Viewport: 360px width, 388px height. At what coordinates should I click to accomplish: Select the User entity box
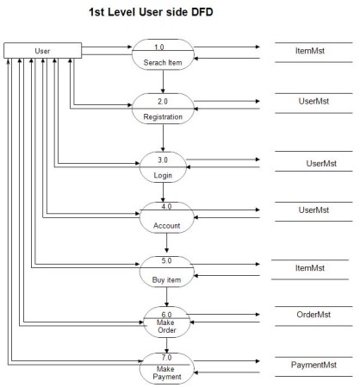(x=42, y=51)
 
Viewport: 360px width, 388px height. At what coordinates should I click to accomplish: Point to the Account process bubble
(x=163, y=216)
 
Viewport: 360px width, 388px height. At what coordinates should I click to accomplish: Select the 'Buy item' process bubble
(x=163, y=272)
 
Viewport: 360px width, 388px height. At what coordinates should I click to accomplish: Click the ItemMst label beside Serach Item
(x=308, y=52)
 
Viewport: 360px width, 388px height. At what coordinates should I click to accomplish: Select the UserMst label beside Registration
(x=308, y=102)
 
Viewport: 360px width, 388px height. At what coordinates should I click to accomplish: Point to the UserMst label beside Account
(x=313, y=210)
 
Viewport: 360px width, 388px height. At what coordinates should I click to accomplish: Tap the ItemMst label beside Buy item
(x=308, y=268)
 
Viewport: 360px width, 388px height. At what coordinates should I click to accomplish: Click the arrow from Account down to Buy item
(x=163, y=244)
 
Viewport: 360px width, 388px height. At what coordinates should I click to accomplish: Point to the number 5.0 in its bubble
(x=163, y=261)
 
